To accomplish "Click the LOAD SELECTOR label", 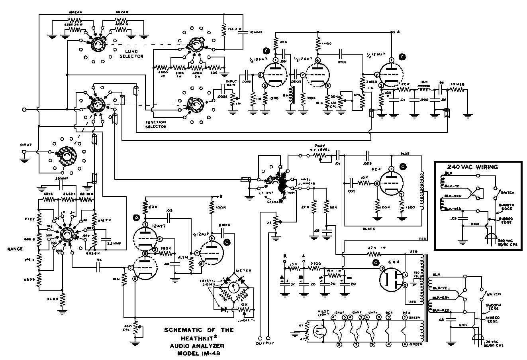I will pyautogui.click(x=131, y=54).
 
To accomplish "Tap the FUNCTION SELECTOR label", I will pyautogui.click(x=156, y=124).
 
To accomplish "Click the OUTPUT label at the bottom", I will pyautogui.click(x=265, y=343).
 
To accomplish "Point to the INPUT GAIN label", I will pyautogui.click(x=231, y=83).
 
